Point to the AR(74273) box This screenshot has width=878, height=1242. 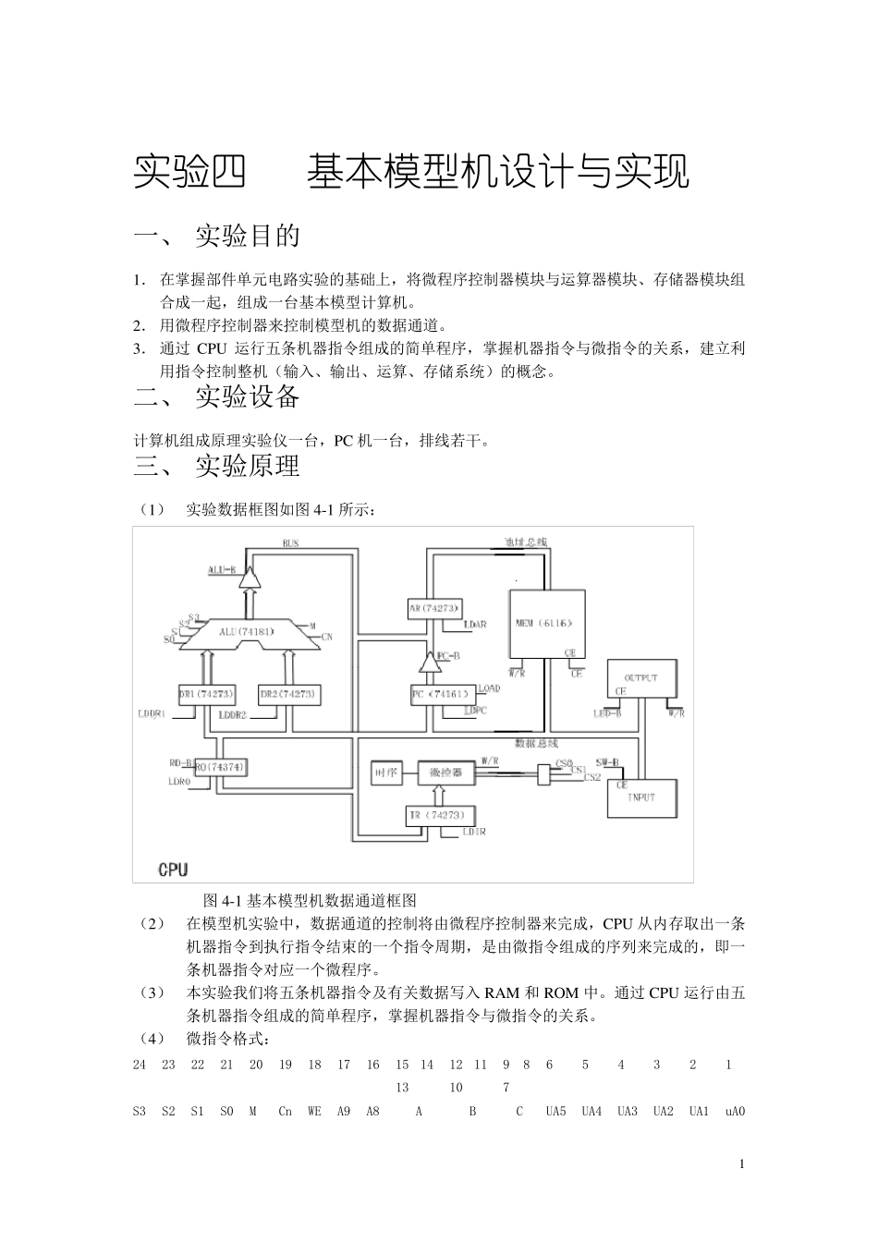tap(433, 608)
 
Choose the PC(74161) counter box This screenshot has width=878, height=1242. tap(443, 692)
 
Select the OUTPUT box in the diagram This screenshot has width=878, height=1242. tap(640, 683)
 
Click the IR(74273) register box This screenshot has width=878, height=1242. tap(442, 815)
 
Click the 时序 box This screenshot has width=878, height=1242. tap(385, 773)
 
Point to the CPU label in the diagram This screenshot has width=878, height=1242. tap(173, 869)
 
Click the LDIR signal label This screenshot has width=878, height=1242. tap(473, 833)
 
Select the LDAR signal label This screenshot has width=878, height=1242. tap(473, 626)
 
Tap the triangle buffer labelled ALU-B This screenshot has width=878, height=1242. tap(248, 578)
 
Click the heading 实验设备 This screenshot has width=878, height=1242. tap(248, 397)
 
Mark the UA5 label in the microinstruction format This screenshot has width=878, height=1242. tap(555, 1112)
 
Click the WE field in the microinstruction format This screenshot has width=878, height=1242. tap(314, 1112)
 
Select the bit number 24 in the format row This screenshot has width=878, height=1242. tap(140, 1065)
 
